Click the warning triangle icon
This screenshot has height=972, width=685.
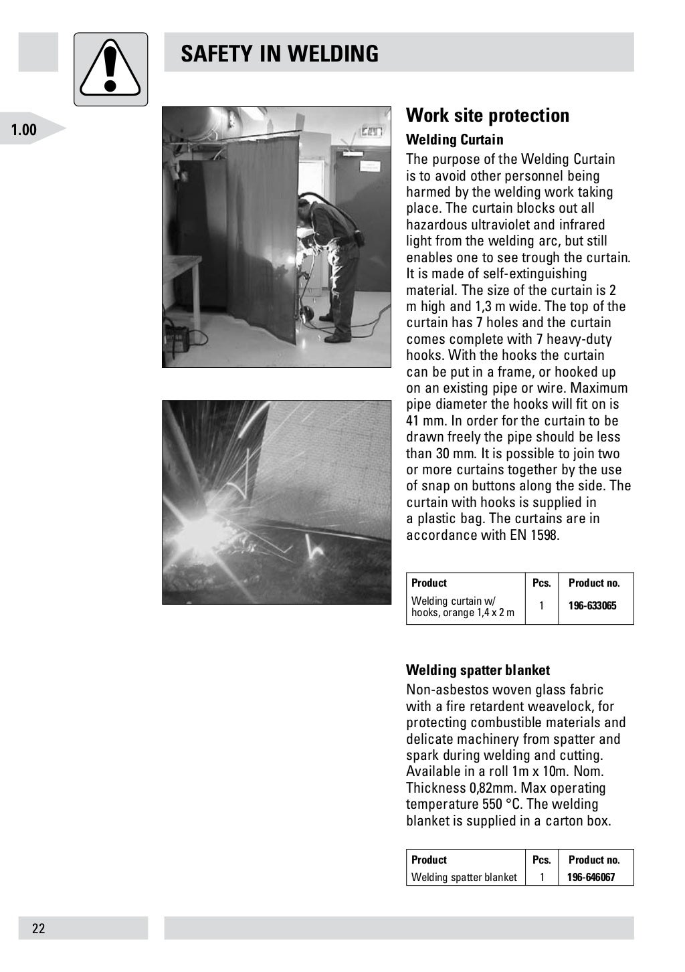[110, 69]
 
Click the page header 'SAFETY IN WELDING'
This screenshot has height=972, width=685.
[279, 54]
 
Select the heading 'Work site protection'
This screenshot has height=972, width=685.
[488, 115]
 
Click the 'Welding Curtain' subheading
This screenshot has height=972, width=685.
[455, 140]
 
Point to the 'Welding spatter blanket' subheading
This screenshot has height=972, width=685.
[478, 670]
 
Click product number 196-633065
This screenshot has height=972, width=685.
[592, 606]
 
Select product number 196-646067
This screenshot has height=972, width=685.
[591, 877]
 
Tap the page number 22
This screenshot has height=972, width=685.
[39, 929]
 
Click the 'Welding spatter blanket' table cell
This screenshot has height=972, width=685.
[464, 877]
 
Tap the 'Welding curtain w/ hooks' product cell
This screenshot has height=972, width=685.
[463, 606]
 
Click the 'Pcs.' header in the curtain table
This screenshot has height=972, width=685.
[541, 583]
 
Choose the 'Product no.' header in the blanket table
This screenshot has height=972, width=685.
[594, 860]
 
